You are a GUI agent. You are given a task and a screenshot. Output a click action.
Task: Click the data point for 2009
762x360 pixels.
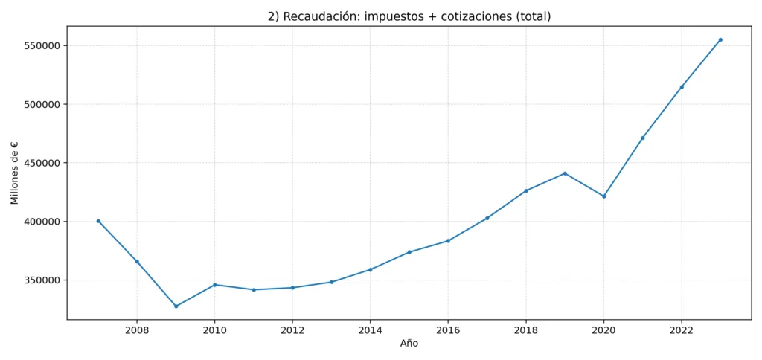point(176,306)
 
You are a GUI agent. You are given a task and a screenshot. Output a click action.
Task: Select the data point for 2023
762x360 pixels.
point(720,39)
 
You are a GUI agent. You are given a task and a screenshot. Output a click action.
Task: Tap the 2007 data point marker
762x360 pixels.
point(98,221)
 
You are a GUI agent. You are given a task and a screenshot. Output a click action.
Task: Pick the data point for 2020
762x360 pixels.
point(603,196)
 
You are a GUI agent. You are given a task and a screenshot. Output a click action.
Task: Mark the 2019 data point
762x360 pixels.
point(565,173)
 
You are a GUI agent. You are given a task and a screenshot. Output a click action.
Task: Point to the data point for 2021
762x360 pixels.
point(643,138)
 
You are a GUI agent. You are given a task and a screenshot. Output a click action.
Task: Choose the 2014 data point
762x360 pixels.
point(371,269)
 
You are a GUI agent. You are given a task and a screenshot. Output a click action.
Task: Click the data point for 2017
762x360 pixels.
point(487,218)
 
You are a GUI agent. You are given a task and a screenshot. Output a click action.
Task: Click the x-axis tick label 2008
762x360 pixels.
point(137,330)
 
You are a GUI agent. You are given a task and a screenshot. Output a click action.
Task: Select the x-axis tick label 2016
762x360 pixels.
point(448,330)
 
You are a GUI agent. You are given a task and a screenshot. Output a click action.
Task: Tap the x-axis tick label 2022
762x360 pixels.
point(682,330)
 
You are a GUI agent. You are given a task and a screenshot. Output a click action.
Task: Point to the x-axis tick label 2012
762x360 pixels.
point(292,330)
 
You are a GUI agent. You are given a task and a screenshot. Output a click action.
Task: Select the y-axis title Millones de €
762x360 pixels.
point(15,173)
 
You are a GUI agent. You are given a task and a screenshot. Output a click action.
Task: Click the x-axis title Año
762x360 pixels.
point(409,344)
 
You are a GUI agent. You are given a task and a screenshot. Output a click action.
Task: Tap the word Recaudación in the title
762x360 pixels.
point(321,16)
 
